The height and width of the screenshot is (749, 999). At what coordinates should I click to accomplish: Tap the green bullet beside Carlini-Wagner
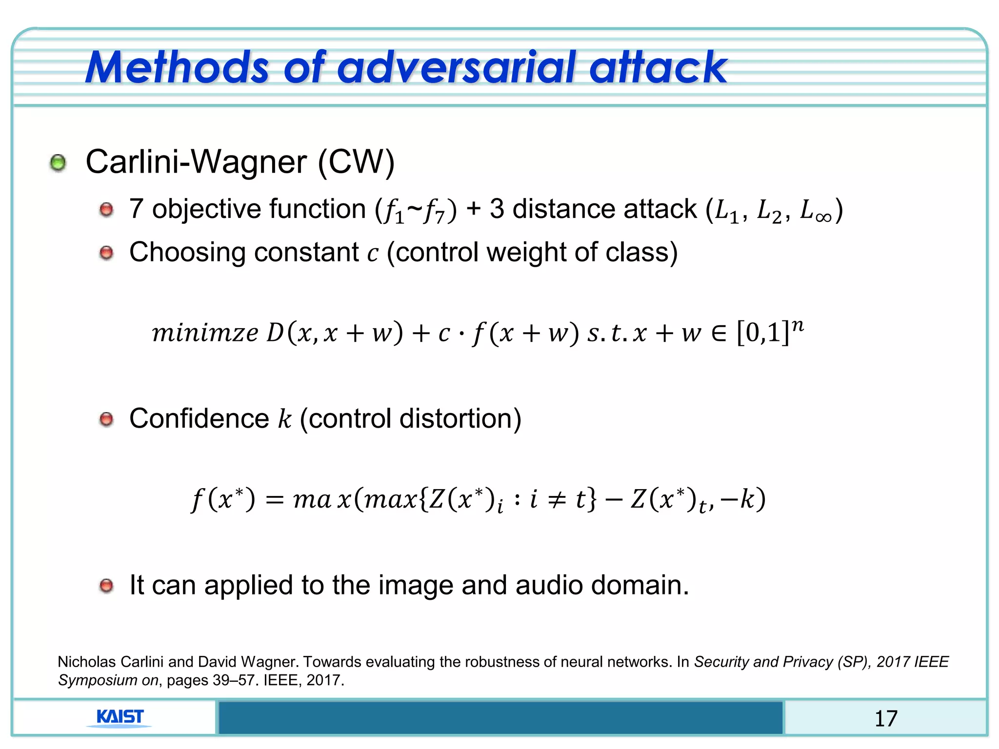pyautogui.click(x=58, y=163)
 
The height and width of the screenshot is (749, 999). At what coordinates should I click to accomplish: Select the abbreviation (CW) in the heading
pyautogui.click(x=356, y=162)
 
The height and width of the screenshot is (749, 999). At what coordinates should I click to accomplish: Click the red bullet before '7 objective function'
pyautogui.click(x=106, y=210)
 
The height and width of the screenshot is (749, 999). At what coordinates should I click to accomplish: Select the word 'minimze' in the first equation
pyautogui.click(x=205, y=333)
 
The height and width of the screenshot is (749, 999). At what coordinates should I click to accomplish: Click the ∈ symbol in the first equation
pyautogui.click(x=719, y=333)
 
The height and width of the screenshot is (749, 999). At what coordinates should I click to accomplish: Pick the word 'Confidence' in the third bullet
pyautogui.click(x=199, y=419)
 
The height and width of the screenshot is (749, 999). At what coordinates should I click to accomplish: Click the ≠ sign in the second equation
pyautogui.click(x=557, y=500)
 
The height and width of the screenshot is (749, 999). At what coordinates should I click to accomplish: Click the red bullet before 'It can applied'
pyautogui.click(x=106, y=586)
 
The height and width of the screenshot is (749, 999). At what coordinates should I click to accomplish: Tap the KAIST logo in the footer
pyautogui.click(x=120, y=717)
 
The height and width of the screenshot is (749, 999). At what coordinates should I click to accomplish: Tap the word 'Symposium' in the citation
pyautogui.click(x=98, y=680)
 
